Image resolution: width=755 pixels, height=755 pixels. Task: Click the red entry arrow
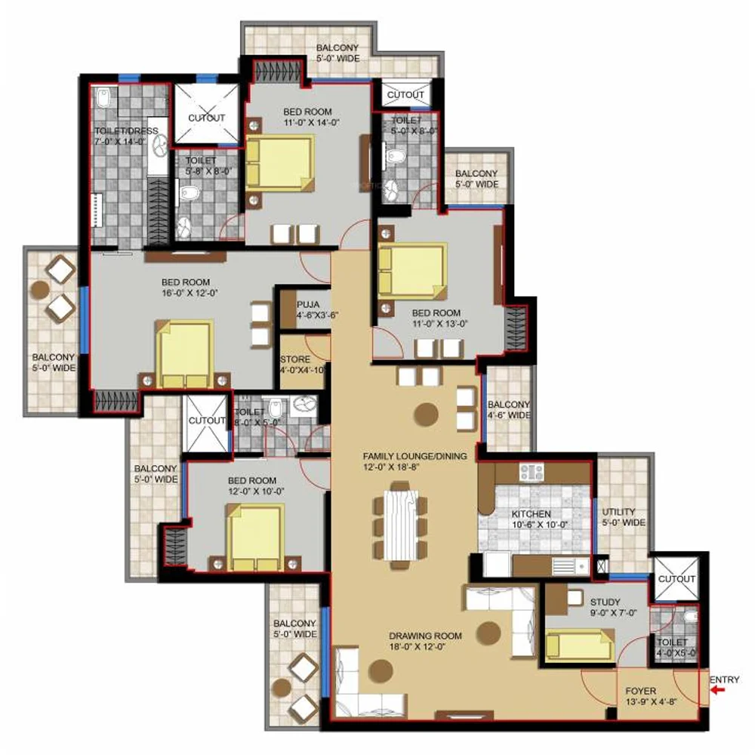pyautogui.click(x=718, y=690)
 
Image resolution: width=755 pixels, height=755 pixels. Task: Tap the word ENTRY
pyautogui.click(x=724, y=679)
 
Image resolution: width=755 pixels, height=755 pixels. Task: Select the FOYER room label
pyautogui.click(x=640, y=691)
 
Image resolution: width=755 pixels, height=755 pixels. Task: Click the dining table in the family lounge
pyautogui.click(x=400, y=525)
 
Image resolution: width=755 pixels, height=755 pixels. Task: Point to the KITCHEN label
pyautogui.click(x=531, y=513)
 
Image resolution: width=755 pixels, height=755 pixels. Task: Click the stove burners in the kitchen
pyautogui.click(x=531, y=472)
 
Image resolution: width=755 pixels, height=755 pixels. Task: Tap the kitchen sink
pyautogui.click(x=569, y=566)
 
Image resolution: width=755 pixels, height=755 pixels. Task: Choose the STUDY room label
pyautogui.click(x=605, y=602)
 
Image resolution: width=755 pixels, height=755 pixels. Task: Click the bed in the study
pyautogui.click(x=580, y=644)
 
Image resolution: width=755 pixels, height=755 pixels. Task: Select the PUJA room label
pyautogui.click(x=308, y=304)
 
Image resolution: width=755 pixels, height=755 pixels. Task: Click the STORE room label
pyautogui.click(x=295, y=359)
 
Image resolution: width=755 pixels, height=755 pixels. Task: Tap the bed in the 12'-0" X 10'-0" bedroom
pyautogui.click(x=255, y=538)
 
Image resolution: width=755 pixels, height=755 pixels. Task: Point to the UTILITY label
pyautogui.click(x=619, y=511)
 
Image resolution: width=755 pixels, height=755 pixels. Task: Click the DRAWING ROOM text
pyautogui.click(x=425, y=636)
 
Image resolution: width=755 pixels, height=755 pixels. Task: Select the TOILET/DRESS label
pyautogui.click(x=126, y=131)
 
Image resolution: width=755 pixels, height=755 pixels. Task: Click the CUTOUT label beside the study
pyautogui.click(x=676, y=578)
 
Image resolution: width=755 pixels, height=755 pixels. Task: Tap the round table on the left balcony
pyautogui.click(x=40, y=289)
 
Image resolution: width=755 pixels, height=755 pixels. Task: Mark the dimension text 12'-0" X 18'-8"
pyautogui.click(x=391, y=467)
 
